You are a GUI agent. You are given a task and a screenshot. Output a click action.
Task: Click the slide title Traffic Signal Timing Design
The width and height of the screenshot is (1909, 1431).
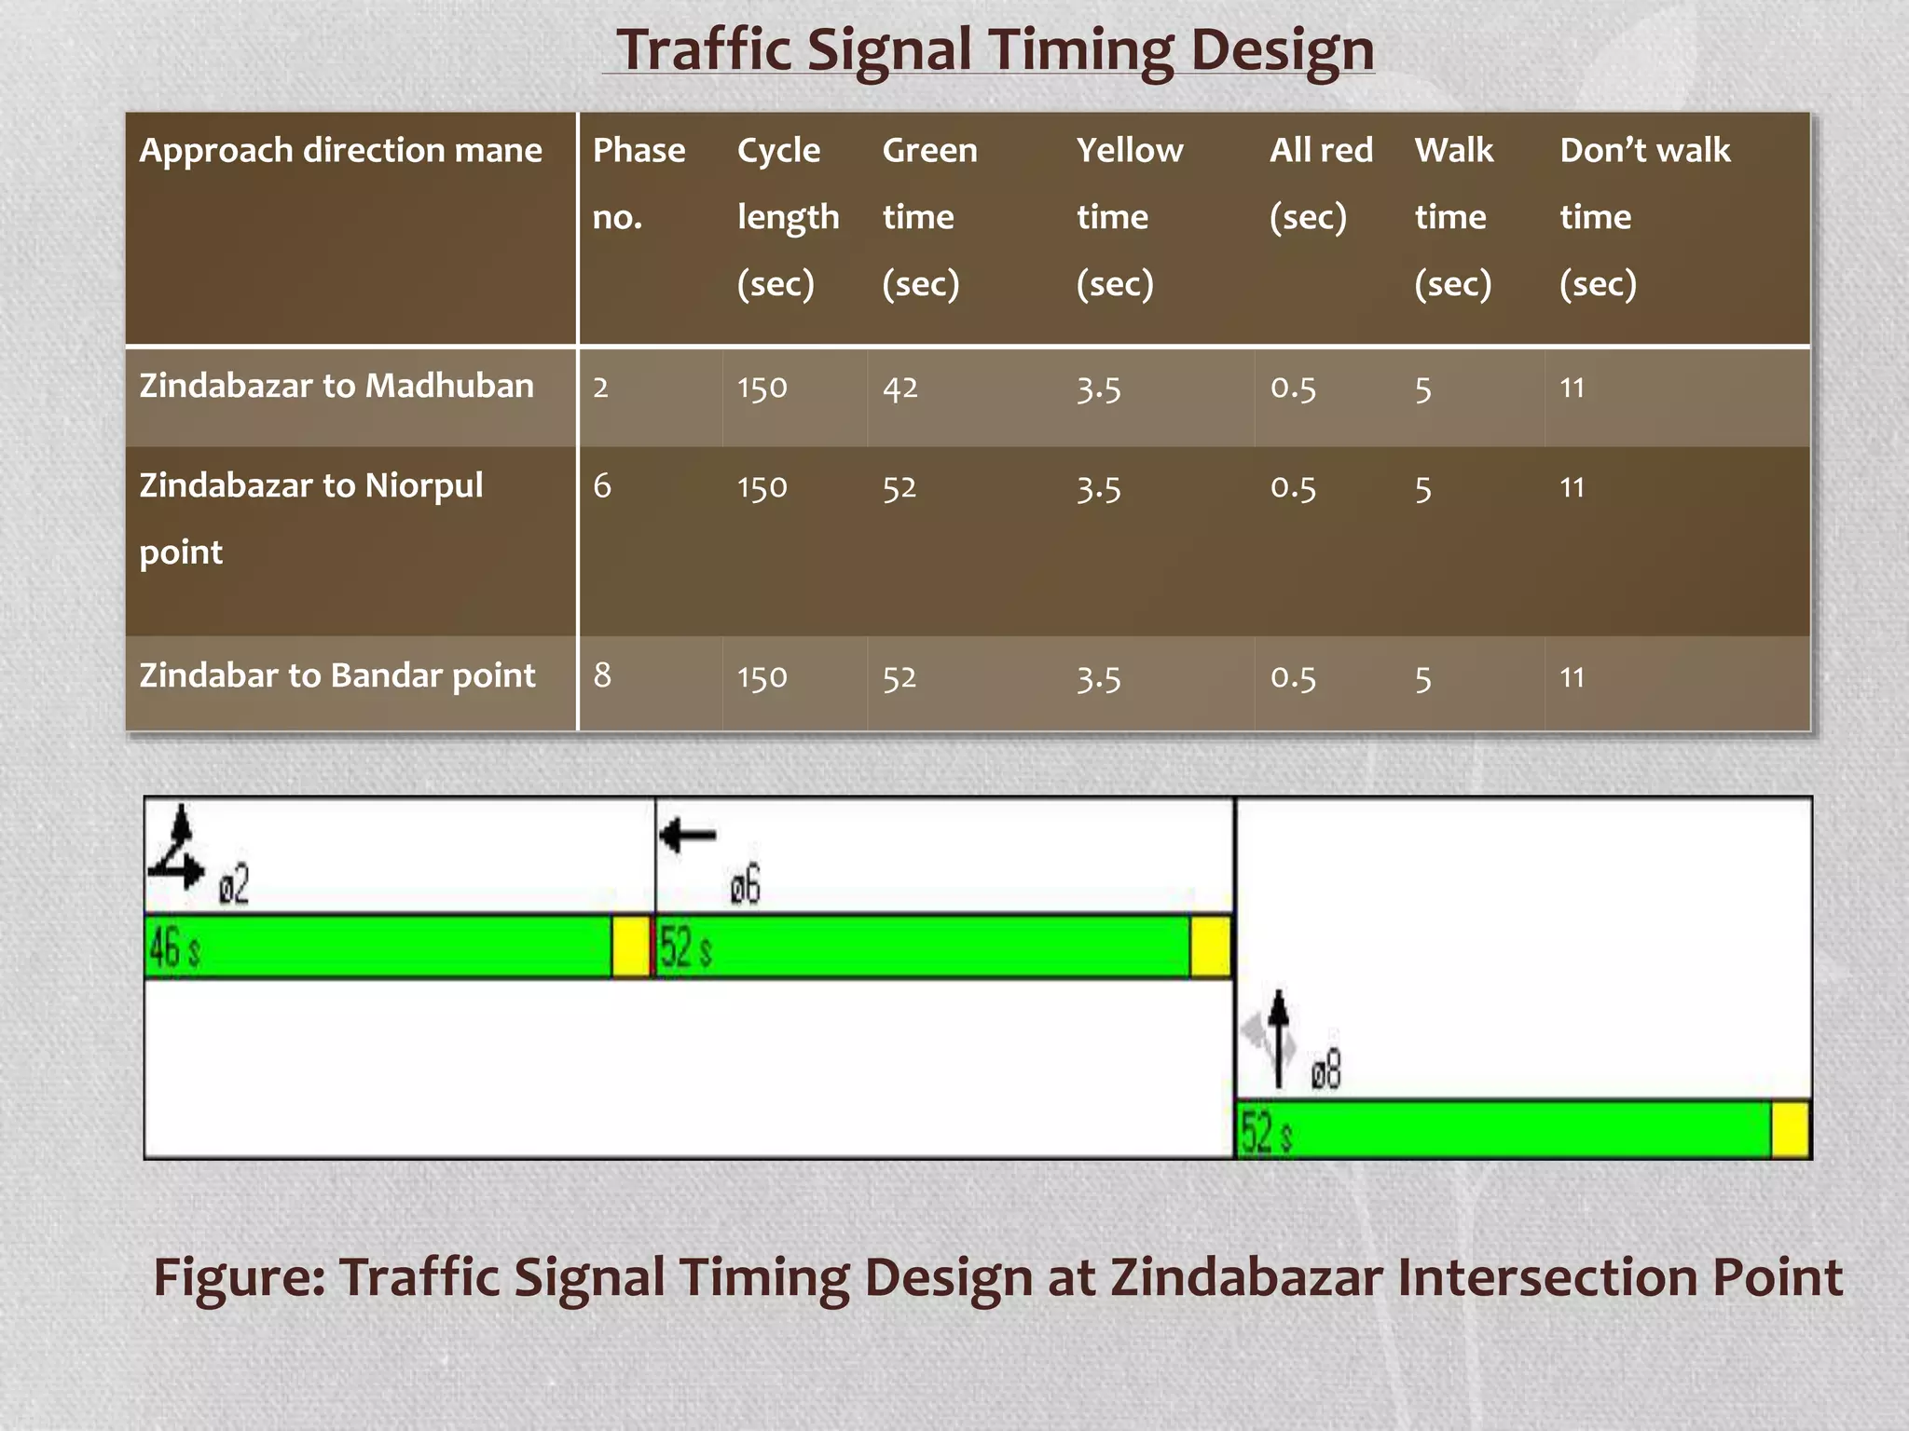click(x=995, y=49)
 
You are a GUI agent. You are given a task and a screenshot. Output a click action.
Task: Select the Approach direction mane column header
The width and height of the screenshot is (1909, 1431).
click(x=340, y=151)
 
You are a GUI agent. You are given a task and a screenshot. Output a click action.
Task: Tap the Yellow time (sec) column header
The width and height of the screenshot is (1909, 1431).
click(x=1129, y=216)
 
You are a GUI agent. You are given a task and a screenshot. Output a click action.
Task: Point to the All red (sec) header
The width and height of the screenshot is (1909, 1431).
click(x=1320, y=183)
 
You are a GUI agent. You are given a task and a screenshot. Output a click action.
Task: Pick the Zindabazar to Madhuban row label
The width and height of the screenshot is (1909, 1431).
click(x=336, y=386)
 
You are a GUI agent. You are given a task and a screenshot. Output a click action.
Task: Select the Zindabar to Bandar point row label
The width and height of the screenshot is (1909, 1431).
click(x=336, y=675)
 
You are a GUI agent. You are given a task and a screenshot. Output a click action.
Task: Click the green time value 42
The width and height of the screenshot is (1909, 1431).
click(x=900, y=388)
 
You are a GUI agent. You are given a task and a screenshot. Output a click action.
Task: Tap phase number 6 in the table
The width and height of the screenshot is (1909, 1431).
click(x=602, y=486)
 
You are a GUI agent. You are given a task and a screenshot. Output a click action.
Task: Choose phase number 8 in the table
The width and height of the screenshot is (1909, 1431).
click(x=602, y=675)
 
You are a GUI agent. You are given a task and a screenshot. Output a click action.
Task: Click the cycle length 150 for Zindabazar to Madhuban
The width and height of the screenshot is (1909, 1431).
click(x=762, y=388)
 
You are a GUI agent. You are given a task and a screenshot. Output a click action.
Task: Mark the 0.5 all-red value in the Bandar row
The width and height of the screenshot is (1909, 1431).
click(x=1293, y=677)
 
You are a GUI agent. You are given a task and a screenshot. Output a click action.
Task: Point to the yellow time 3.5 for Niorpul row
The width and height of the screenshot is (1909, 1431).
click(x=1098, y=488)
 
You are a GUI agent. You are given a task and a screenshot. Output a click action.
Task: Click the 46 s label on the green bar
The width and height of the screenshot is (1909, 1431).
click(x=174, y=949)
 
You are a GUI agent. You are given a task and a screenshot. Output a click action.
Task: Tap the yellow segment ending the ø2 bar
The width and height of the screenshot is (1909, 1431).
click(x=631, y=947)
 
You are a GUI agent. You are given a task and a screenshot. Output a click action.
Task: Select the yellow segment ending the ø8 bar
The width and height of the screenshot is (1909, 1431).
click(x=1790, y=1130)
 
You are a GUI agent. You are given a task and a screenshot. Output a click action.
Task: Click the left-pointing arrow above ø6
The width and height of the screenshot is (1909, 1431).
click(x=688, y=835)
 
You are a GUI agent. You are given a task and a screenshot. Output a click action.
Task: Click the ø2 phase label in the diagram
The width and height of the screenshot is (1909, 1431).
click(x=234, y=885)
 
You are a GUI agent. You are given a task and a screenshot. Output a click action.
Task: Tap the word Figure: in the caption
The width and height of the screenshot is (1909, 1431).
click(x=239, y=1277)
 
